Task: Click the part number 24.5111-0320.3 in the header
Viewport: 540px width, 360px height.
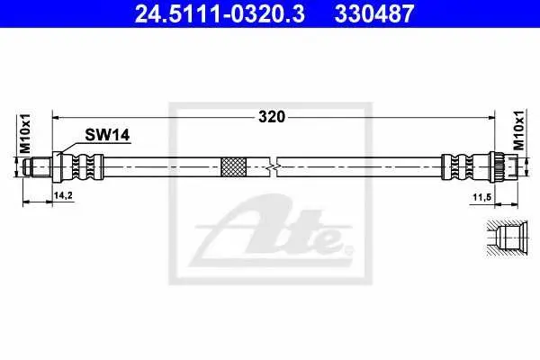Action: [220, 13]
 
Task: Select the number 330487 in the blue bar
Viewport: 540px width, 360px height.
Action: [374, 13]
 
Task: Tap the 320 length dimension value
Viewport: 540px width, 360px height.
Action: [272, 117]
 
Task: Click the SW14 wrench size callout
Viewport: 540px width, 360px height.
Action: [107, 135]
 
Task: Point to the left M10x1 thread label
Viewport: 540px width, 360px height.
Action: [25, 134]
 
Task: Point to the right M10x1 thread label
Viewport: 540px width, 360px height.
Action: [519, 130]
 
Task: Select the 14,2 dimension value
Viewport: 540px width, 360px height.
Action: [63, 195]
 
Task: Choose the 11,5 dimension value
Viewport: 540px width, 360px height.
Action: [481, 198]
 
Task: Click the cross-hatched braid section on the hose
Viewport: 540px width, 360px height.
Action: [233, 167]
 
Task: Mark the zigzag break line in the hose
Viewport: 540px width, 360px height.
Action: [273, 167]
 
